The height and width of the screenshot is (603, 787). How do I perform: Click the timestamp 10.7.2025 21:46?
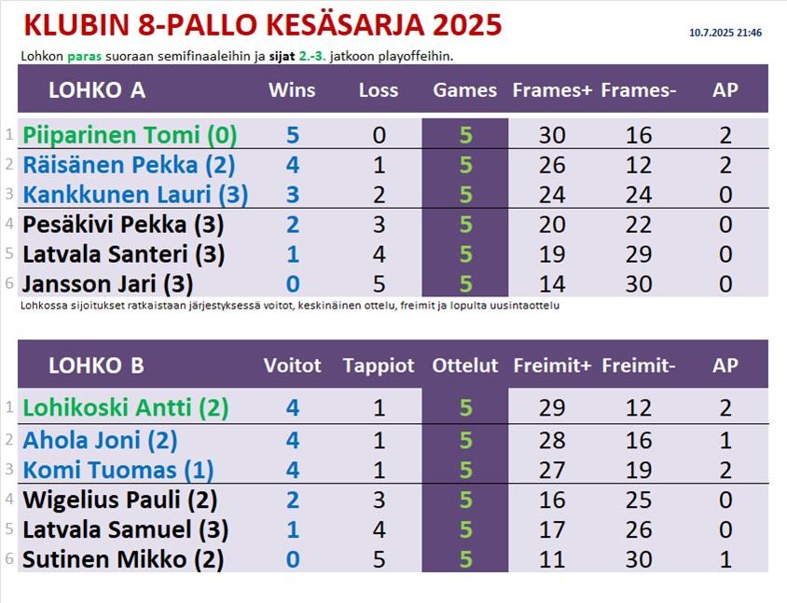pos(725,34)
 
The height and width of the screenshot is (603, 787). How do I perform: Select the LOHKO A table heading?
pos(97,90)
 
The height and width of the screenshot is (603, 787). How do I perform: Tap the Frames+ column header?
pos(552,90)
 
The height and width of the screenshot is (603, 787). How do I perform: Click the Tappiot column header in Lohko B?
pos(379,365)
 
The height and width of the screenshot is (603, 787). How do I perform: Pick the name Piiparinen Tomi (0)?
pos(130,135)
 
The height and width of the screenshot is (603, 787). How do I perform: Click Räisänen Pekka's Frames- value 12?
pos(639,165)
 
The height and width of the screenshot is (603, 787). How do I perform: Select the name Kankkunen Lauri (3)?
pos(135,195)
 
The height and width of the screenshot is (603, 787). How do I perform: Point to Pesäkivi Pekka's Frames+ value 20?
pos(552,225)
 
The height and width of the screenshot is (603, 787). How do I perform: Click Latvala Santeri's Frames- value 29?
pos(639,254)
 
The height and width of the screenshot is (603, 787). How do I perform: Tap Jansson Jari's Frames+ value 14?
pos(552,284)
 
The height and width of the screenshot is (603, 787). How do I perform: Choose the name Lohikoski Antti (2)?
pos(126,408)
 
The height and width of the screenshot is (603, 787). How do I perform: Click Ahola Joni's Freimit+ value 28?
pos(552,441)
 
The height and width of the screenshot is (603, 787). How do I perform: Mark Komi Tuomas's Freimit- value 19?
pos(639,470)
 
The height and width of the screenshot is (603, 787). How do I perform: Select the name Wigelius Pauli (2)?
pos(120,500)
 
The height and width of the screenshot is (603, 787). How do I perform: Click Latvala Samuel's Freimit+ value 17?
pos(552,529)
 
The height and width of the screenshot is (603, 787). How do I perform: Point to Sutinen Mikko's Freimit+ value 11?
pos(552,559)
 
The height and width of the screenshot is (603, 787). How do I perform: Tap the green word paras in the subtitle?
pos(84,57)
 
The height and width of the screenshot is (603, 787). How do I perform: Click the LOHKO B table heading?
pos(96,365)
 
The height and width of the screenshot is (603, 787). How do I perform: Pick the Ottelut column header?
pos(465,365)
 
